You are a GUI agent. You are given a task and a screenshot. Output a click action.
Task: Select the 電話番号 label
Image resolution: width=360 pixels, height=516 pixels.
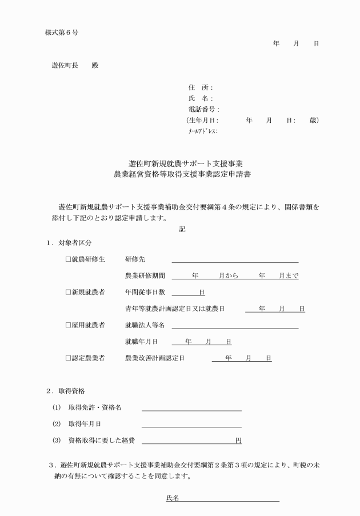coord(203,109)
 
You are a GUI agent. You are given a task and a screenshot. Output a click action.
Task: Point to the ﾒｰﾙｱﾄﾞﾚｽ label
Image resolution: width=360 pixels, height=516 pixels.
coord(202,131)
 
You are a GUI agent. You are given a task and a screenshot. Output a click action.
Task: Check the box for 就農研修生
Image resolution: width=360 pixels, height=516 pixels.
coord(68,259)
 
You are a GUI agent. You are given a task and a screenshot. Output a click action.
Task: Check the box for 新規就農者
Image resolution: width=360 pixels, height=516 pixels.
coord(68,293)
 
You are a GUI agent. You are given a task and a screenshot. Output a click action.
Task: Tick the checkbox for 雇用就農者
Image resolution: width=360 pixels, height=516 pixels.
coord(68,326)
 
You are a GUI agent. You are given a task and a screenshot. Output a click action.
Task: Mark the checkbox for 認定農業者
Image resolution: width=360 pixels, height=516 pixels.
coord(68,359)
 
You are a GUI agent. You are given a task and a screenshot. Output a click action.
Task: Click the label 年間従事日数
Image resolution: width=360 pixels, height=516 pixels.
coord(145,293)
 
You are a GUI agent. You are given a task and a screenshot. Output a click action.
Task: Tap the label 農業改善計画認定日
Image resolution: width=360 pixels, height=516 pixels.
coord(155,359)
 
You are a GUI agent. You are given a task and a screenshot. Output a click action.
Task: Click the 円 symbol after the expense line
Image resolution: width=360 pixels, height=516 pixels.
coord(238,441)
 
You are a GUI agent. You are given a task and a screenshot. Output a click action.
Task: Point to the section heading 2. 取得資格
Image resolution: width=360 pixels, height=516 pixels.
coord(66,391)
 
